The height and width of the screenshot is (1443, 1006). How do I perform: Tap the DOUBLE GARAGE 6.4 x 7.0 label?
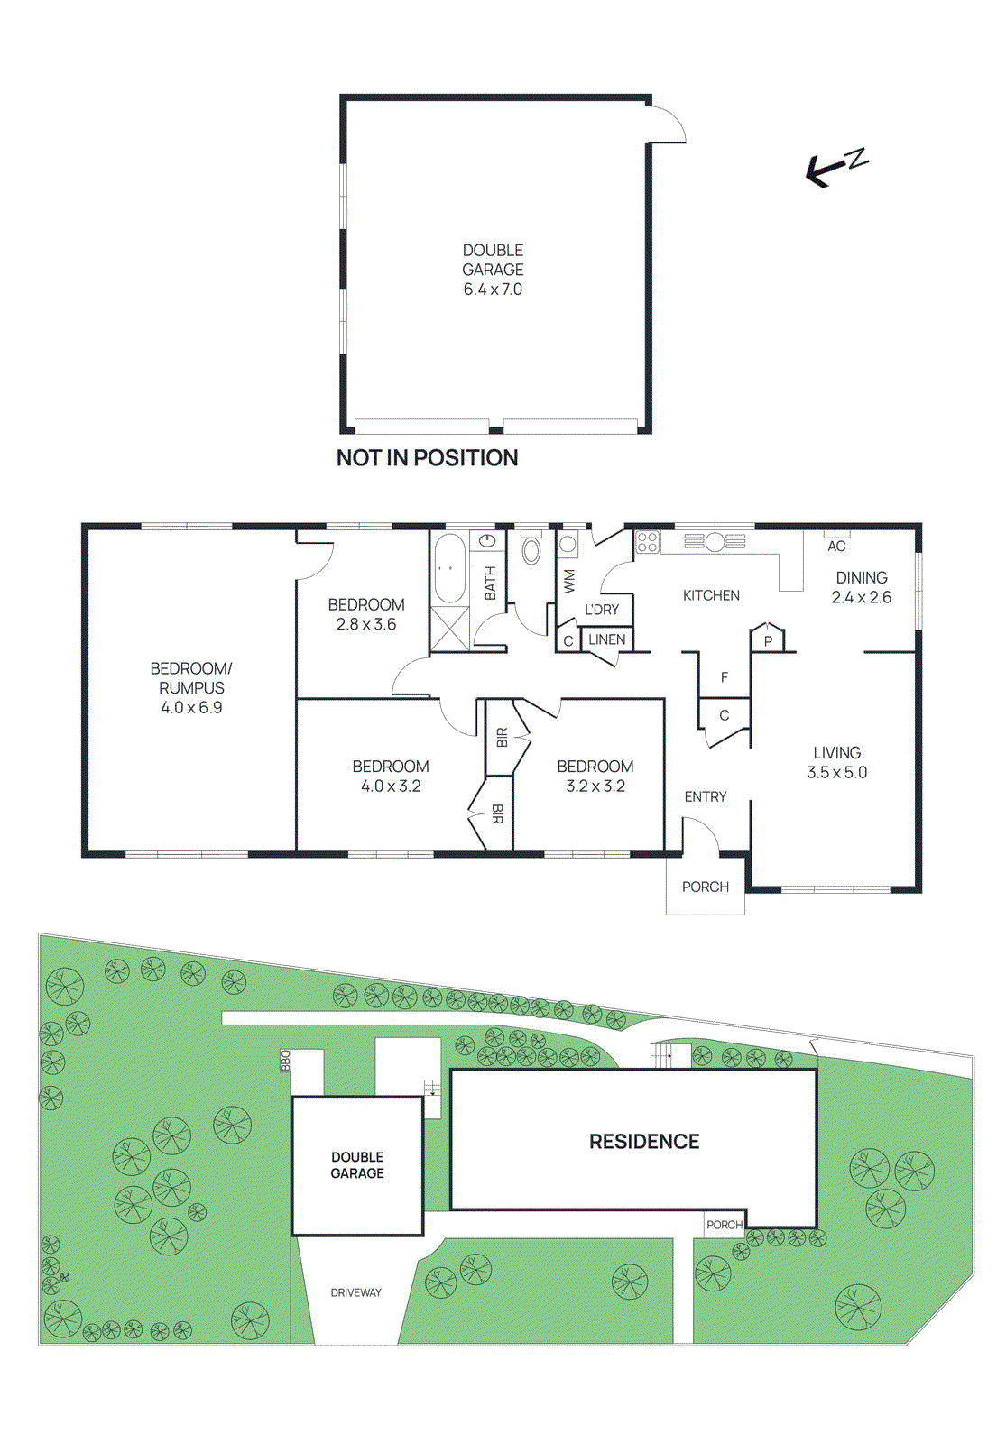point(493,270)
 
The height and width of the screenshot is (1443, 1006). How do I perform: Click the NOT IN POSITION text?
point(427,458)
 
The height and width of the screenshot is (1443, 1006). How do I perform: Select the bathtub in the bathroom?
point(449,568)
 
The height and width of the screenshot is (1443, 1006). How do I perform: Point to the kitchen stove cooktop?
point(647,542)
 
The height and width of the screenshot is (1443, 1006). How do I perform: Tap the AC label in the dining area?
point(836,546)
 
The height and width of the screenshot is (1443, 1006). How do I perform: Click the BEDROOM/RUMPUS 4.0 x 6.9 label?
point(191,687)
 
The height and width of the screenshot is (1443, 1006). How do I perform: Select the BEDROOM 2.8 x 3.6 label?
point(365,614)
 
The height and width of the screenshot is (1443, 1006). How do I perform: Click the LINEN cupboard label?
point(606,639)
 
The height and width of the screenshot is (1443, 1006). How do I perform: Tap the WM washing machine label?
point(569,580)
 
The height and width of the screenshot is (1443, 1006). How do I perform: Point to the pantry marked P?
point(768,640)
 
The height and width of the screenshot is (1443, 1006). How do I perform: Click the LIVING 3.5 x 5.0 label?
point(836,762)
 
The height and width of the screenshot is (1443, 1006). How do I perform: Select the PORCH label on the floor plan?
point(705,887)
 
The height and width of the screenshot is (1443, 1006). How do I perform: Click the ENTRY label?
point(705,796)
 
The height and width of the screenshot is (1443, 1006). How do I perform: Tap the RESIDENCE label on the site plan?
point(644,1142)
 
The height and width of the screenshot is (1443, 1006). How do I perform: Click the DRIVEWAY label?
point(355,1292)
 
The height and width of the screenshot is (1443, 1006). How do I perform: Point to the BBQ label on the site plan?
point(286,1060)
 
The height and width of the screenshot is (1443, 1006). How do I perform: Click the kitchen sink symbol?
point(715,541)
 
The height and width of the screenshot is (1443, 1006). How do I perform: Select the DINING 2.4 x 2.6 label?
point(861,587)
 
